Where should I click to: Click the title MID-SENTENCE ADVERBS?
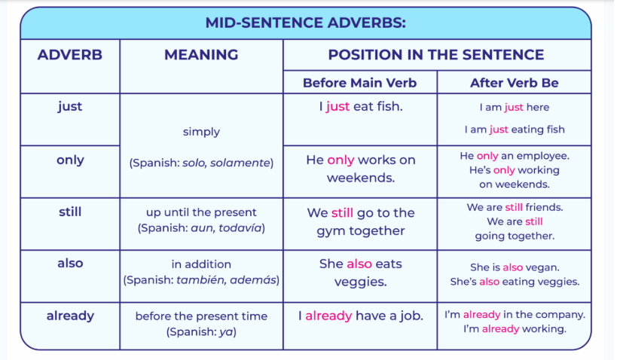click(x=305, y=23)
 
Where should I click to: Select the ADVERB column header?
click(x=70, y=55)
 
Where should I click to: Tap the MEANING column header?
click(x=201, y=55)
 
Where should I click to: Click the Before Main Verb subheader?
click(x=359, y=83)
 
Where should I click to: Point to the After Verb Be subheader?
click(x=515, y=83)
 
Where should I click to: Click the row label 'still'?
click(x=70, y=212)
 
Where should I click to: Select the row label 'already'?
click(x=70, y=316)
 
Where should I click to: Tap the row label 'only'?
click(x=70, y=160)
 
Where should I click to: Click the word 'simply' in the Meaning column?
click(x=201, y=133)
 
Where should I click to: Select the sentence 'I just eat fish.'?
click(x=361, y=107)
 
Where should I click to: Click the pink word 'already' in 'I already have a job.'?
click(x=328, y=316)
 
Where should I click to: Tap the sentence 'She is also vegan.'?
click(x=515, y=267)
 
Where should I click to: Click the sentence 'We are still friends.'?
click(x=515, y=207)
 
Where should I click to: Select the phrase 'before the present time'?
click(x=201, y=316)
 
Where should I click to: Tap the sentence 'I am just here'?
click(x=515, y=108)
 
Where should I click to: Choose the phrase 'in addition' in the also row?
click(x=201, y=264)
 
